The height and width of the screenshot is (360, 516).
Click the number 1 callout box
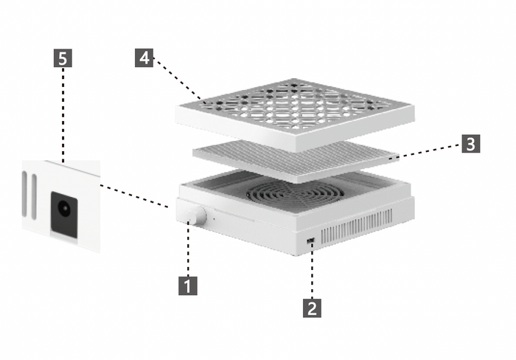pyautogui.click(x=188, y=285)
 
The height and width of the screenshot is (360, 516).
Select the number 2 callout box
pyautogui.click(x=312, y=308)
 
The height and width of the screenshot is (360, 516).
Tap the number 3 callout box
pyautogui.click(x=471, y=144)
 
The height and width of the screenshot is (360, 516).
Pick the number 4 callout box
pyautogui.click(x=144, y=58)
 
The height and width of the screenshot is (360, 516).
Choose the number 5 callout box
pyautogui.click(x=63, y=58)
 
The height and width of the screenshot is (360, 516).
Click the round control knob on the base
pyautogui.click(x=196, y=215)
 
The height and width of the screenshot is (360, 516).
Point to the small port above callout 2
pyautogui.click(x=310, y=241)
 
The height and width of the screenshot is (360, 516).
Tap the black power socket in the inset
pyautogui.click(x=64, y=215)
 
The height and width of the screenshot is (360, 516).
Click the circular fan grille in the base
pyautogui.click(x=295, y=194)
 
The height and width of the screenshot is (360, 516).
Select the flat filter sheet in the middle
pyautogui.click(x=296, y=161)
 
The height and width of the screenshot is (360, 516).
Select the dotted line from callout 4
pyautogui.click(x=178, y=79)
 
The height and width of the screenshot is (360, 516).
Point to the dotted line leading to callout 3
pyautogui.click(x=425, y=151)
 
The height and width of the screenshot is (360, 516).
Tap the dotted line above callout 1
pyautogui.click(x=188, y=249)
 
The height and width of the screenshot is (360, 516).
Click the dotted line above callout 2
pyautogui.click(x=312, y=271)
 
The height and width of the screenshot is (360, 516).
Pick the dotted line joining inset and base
pyautogui.click(x=135, y=196)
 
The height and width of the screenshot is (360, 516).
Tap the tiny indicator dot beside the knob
pyautogui.click(x=214, y=218)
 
